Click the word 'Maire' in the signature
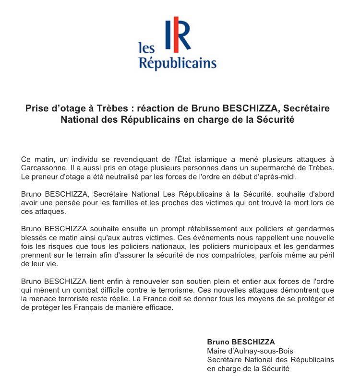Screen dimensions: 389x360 click(x=216, y=351)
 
